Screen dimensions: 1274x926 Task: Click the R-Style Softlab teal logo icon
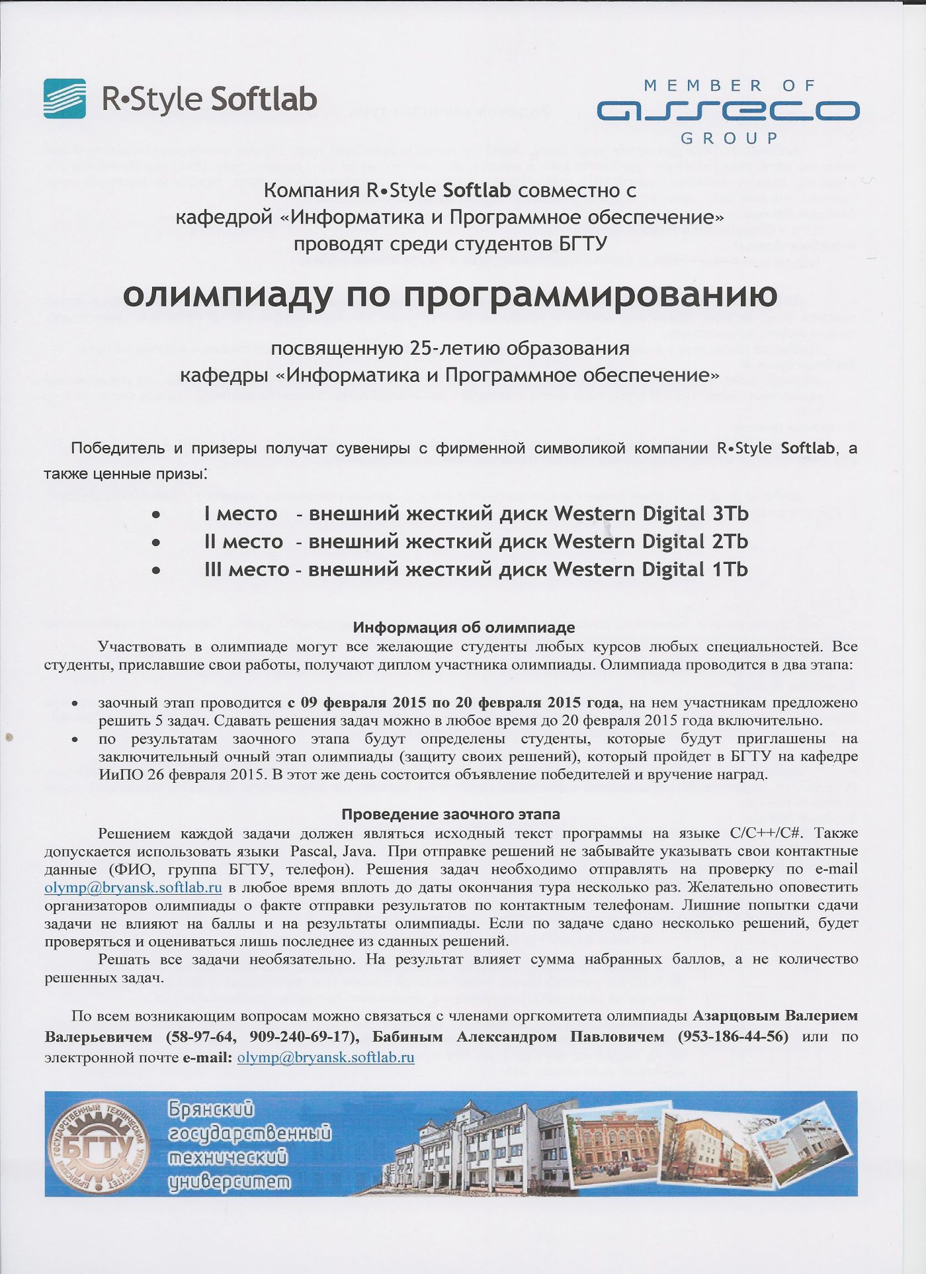pos(65,99)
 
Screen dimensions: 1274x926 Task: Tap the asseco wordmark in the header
pos(728,111)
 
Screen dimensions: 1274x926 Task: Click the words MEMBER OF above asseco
pos(730,85)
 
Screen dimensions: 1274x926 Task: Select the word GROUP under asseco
pos(730,138)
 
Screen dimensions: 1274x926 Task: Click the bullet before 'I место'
pos(156,514)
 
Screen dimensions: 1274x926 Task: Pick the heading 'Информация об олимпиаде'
pos(464,627)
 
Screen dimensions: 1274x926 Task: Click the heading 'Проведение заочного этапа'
pos(450,814)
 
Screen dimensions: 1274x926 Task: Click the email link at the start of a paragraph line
pos(133,887)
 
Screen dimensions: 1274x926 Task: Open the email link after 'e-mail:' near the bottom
pos(325,1057)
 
